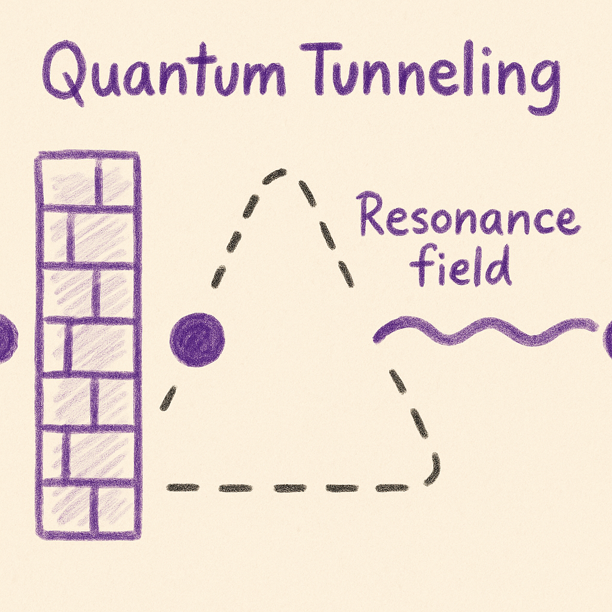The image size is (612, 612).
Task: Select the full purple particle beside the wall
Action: (197, 339)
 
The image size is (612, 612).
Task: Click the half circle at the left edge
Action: (6, 339)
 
